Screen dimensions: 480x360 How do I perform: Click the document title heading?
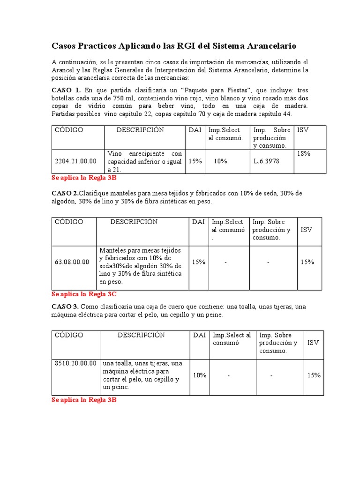[x=173, y=46]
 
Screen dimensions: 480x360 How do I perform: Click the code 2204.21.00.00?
[x=76, y=161]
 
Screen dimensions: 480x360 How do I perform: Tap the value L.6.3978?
[x=266, y=161]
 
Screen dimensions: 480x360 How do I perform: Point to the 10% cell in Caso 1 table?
[x=220, y=161]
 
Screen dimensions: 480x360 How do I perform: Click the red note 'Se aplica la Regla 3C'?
[x=84, y=294]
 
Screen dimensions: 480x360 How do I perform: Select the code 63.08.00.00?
[x=72, y=262]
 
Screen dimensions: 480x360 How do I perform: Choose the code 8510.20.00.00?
[x=76, y=363]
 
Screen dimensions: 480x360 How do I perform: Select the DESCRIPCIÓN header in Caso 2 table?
[x=134, y=222]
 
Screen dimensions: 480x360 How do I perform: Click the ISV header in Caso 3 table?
[x=313, y=343]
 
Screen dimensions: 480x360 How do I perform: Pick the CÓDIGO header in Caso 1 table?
[x=69, y=130]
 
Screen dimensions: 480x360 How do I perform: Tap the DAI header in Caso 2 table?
[x=198, y=222]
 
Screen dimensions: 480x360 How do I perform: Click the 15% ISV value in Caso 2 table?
[x=307, y=262]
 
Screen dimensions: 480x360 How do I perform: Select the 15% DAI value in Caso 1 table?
[x=195, y=161]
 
